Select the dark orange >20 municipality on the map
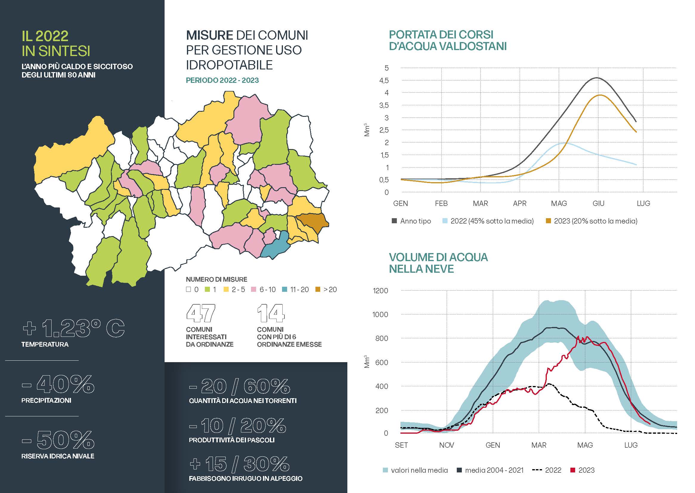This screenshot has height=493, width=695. click(313, 221)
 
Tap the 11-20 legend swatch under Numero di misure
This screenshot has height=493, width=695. click(284, 290)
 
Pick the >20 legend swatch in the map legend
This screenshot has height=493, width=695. click(318, 290)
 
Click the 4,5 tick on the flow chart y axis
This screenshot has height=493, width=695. click(384, 80)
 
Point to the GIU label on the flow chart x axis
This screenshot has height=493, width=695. click(598, 203)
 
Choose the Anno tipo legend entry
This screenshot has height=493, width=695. click(411, 221)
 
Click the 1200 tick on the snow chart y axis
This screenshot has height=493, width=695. click(380, 291)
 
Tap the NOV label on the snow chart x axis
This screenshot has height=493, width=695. click(447, 445)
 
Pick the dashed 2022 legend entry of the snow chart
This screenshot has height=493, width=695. click(547, 470)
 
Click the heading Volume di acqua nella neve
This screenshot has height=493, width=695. click(438, 263)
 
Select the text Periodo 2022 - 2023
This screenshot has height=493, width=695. click(222, 80)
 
